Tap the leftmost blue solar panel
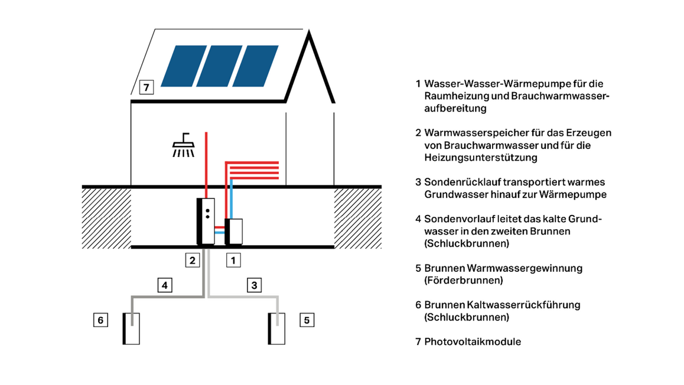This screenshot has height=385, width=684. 181,65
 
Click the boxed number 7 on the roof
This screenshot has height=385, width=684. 146,89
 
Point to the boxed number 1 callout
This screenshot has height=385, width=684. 233,259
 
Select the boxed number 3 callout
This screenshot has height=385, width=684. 254,286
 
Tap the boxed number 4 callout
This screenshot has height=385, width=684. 165,286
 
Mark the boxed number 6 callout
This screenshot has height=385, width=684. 101,320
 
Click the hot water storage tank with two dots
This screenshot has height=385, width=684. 206,221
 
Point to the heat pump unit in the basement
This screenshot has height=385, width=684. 234,231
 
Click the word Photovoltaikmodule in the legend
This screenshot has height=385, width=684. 473,341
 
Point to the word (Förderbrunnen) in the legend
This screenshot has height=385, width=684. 464,280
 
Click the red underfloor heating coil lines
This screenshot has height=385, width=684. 253,170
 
